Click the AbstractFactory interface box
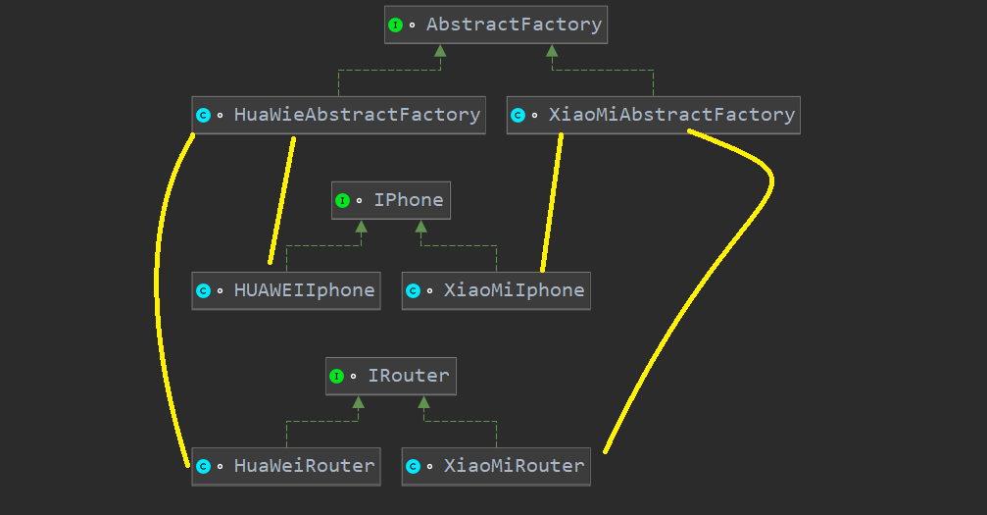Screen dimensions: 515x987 496,25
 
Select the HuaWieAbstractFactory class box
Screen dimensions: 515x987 338,115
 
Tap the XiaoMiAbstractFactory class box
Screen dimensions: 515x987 654,115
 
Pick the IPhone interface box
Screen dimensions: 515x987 391,200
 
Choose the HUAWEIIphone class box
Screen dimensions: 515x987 286,290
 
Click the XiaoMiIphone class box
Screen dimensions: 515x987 496,290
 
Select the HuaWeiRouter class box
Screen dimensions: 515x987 286,466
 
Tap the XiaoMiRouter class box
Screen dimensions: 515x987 496,466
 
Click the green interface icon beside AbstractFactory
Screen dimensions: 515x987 395,26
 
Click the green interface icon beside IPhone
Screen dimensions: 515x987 342,201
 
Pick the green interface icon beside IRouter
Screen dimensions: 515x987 336,377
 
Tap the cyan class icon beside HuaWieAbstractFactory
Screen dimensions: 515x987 203,116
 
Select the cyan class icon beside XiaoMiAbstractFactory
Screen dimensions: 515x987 518,116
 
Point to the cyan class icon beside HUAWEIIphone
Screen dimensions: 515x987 203,291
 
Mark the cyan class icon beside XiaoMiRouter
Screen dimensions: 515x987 413,467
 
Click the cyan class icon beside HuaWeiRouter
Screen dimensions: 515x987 203,467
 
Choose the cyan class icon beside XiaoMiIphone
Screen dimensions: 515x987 413,291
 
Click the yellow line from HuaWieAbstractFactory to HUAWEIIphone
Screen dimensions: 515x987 282,201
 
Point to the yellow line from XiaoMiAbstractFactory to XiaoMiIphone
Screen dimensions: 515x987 552,201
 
